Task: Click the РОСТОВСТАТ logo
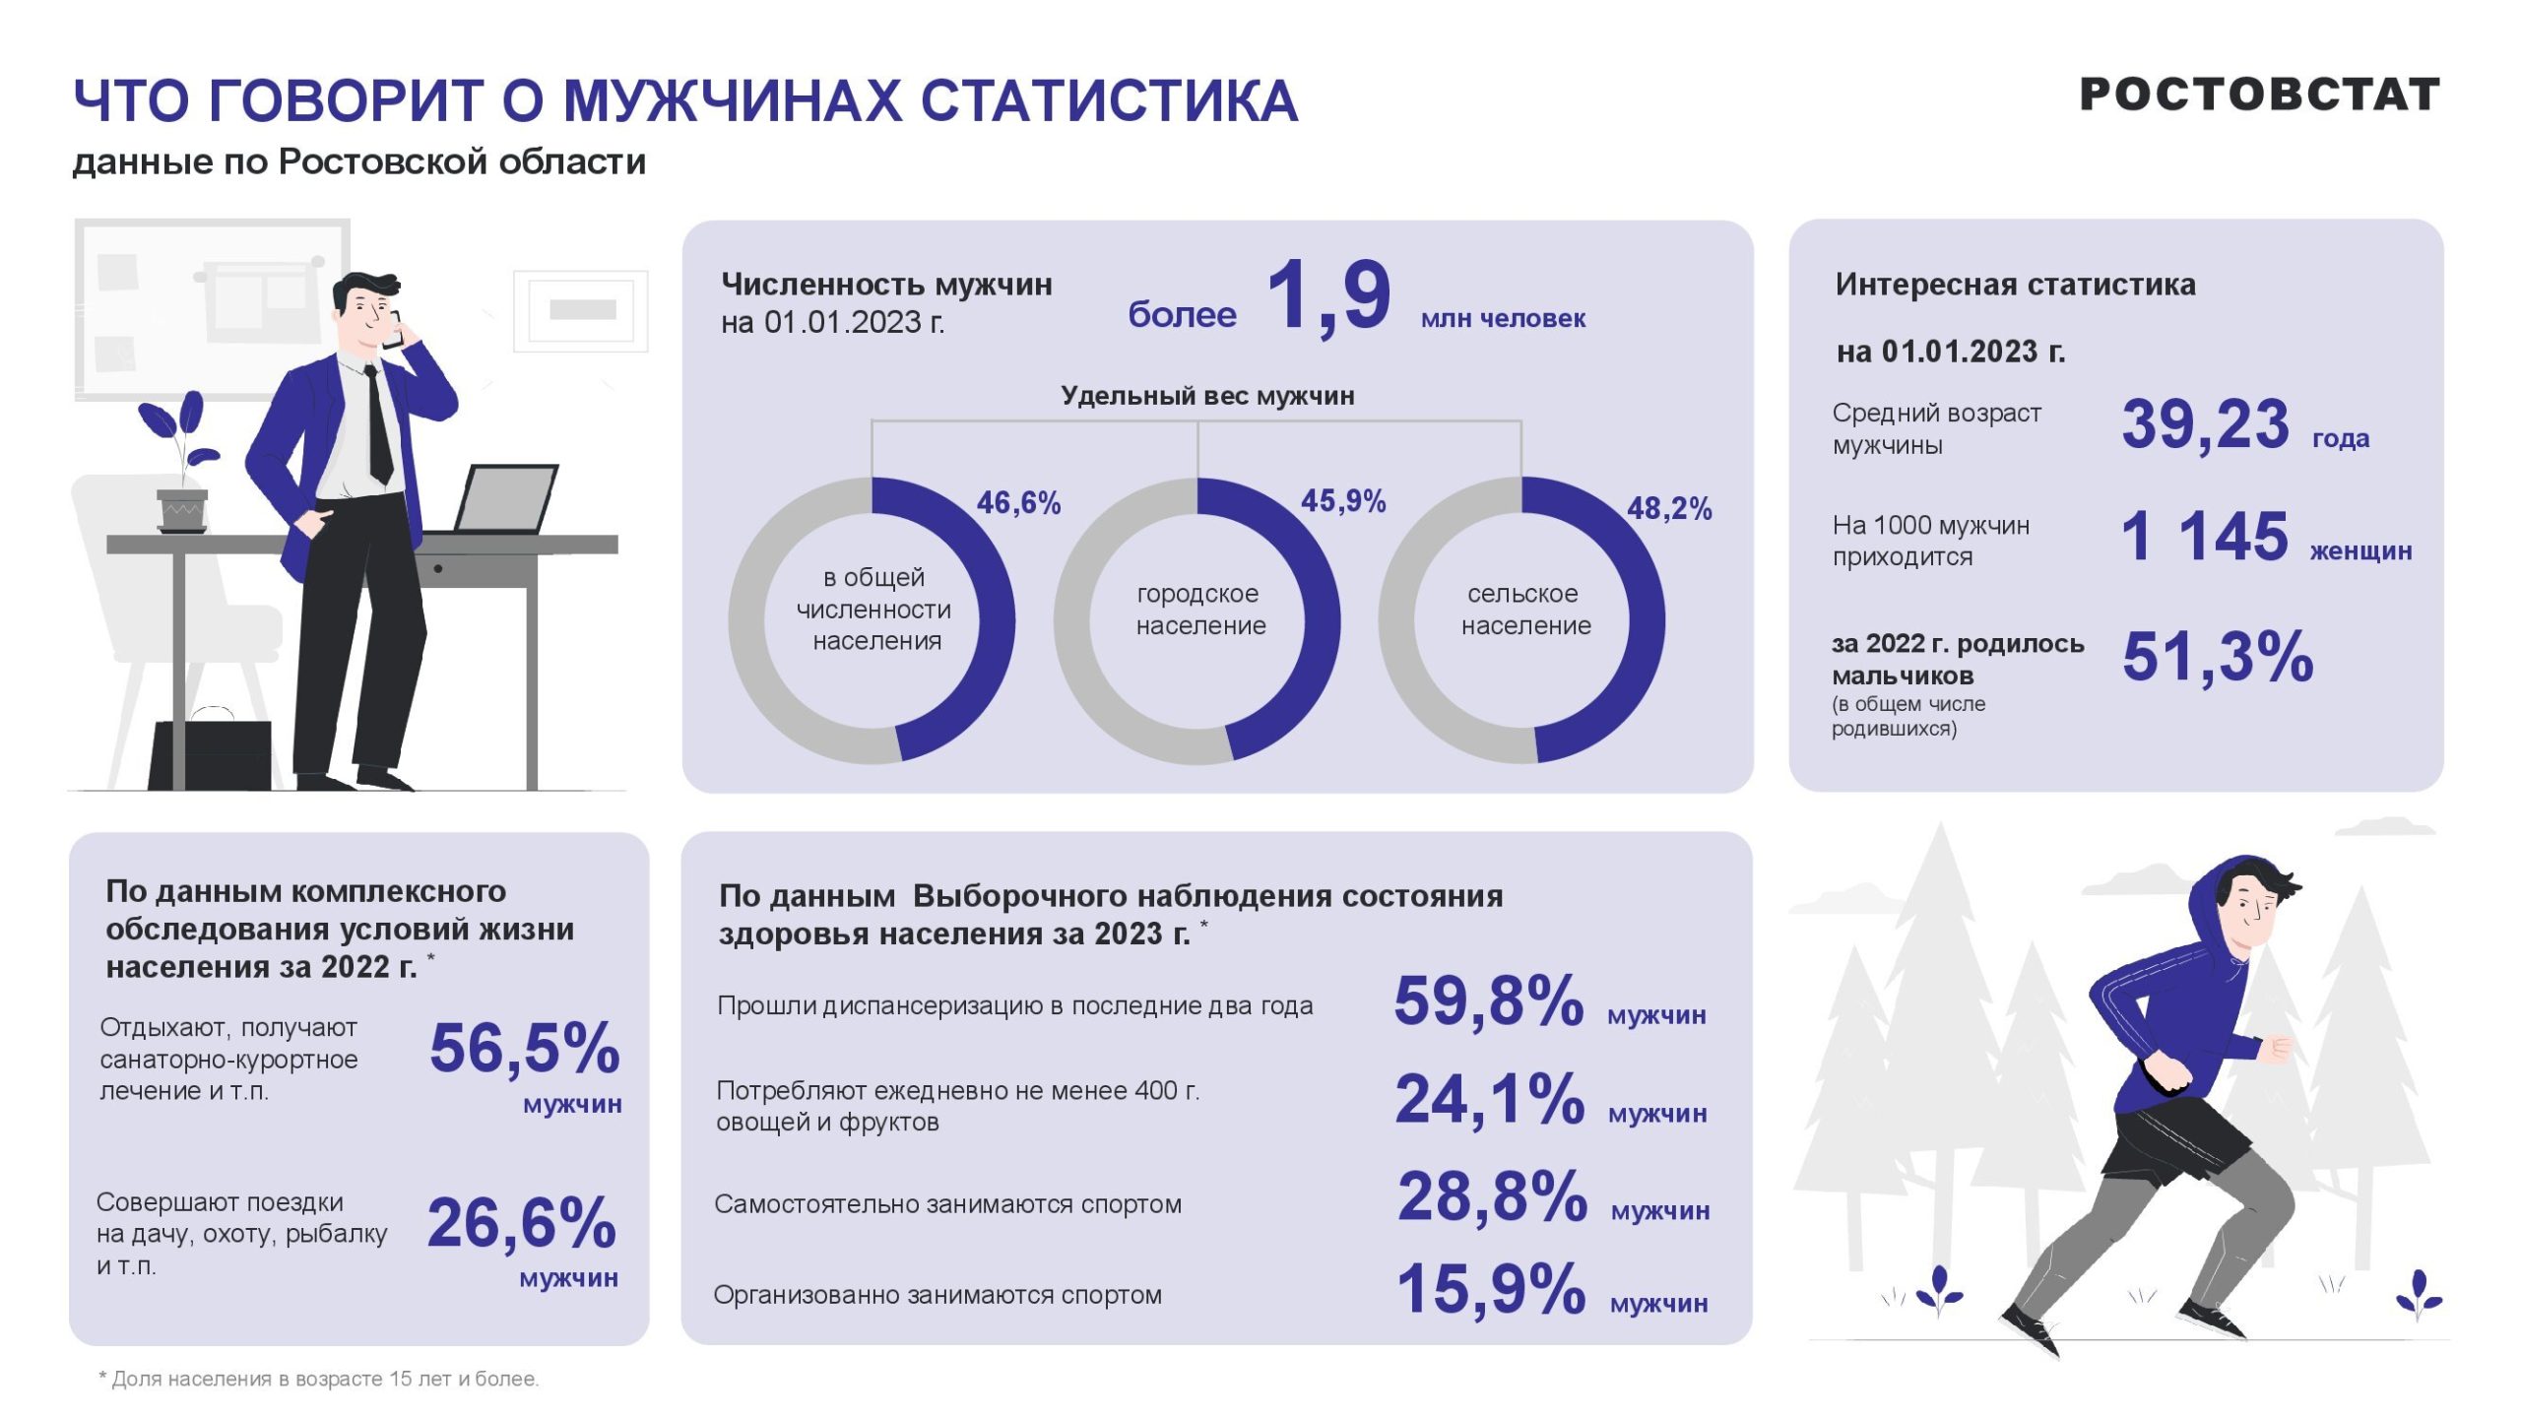tap(2258, 96)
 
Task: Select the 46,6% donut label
tap(1018, 503)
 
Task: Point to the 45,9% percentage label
tap(1343, 501)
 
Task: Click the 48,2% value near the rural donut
tap(1668, 509)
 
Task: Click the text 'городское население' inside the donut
tap(1199, 610)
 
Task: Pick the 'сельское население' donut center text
tap(1524, 610)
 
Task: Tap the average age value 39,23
tap(2205, 425)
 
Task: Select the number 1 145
tap(2204, 538)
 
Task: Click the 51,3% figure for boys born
tap(2218, 657)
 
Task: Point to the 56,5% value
tap(524, 1048)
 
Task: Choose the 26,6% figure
tap(521, 1223)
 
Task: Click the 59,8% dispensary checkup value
tap(1488, 1001)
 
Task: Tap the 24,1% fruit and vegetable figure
tap(1489, 1099)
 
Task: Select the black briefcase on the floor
tap(211, 753)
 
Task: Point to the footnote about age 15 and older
tap(319, 1379)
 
